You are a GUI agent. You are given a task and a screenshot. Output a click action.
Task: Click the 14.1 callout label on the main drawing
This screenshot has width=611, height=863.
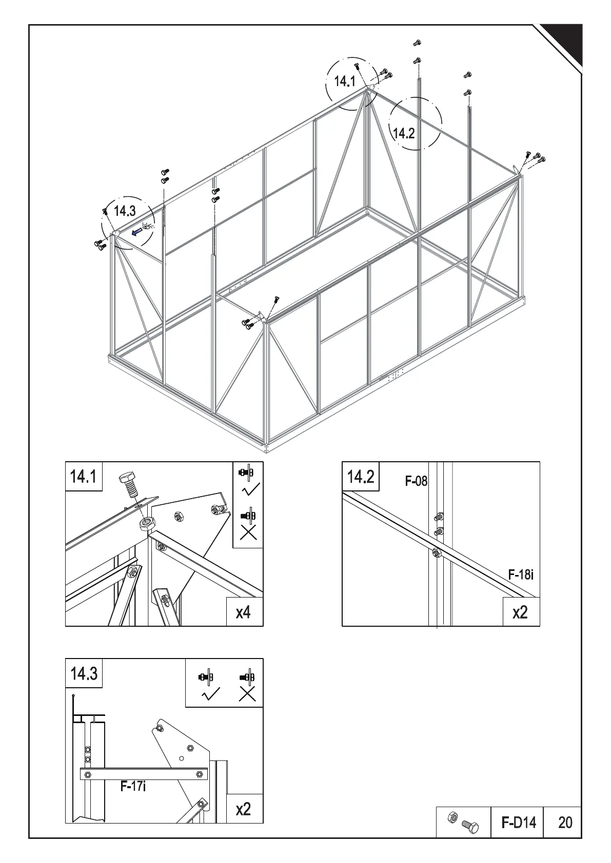(344, 81)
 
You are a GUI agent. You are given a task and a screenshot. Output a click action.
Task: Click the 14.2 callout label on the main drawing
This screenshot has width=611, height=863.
(403, 134)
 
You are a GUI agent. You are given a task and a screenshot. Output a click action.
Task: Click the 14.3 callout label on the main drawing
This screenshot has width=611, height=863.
(125, 211)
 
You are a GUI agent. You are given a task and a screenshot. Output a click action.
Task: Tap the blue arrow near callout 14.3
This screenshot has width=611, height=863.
(136, 232)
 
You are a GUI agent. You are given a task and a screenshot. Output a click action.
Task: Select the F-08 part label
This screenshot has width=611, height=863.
(416, 481)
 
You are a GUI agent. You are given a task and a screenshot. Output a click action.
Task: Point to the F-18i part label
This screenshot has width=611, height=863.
(521, 574)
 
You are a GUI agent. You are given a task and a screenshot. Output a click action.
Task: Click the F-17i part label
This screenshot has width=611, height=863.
(133, 800)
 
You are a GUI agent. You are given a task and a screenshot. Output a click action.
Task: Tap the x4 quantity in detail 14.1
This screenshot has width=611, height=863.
(244, 611)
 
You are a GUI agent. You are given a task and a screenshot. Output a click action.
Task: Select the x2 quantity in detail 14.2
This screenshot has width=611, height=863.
(520, 611)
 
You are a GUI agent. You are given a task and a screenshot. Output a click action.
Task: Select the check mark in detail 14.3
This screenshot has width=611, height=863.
(210, 695)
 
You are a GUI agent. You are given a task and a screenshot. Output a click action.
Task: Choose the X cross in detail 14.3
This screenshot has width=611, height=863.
(247, 695)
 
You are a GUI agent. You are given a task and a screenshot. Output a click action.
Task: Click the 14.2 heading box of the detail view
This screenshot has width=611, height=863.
(361, 477)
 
